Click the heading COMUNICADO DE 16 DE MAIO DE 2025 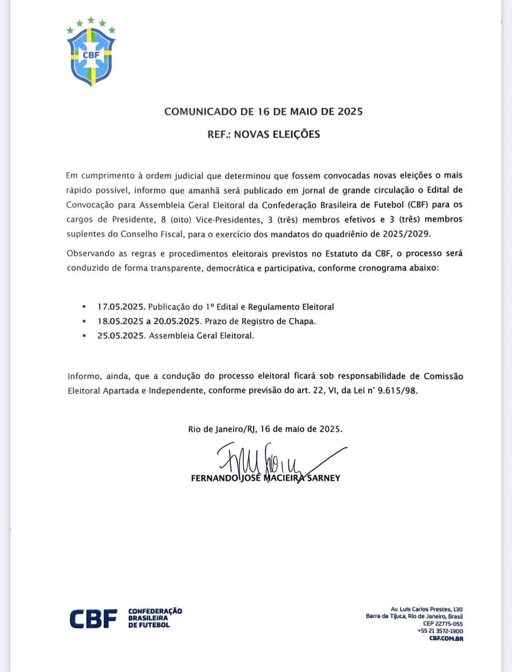coord(263,111)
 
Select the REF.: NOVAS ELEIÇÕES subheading coord(263,134)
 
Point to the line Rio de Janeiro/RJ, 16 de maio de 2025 coord(265,429)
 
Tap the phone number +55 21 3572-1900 coord(440,631)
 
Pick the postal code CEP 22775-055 coord(443,623)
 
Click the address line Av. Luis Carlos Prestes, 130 coord(426,609)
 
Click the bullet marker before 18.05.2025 coord(84,322)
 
